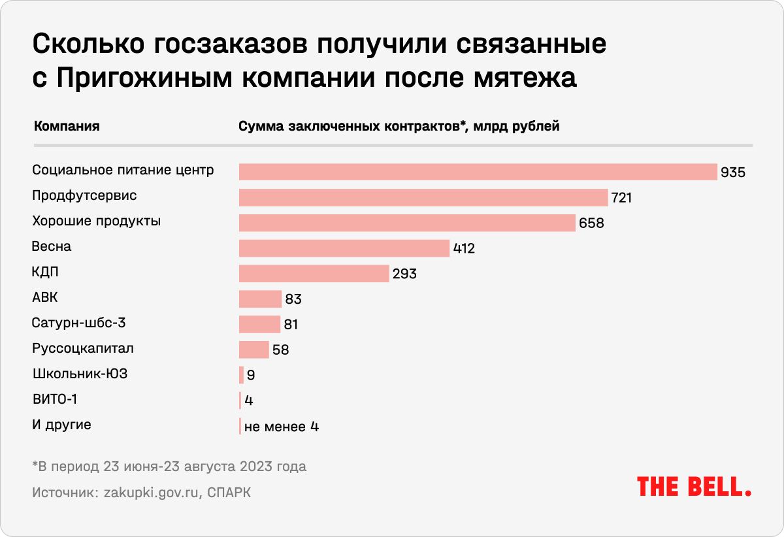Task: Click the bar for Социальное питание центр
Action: pos(478,172)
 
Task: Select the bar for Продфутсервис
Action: pos(423,197)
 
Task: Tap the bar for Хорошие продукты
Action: pos(407,223)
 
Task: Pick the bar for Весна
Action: pos(344,248)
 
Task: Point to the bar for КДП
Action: pos(314,274)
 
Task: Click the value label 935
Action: pos(733,172)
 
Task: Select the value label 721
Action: pos(621,198)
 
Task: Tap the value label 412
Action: pos(463,249)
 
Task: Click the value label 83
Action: pos(293,299)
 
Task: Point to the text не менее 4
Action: pos(281,427)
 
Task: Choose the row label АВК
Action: pos(45,298)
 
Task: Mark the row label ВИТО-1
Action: pos(59,399)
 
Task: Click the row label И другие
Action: pos(61,425)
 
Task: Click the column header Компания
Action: pos(66,126)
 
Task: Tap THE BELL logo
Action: pos(694,487)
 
